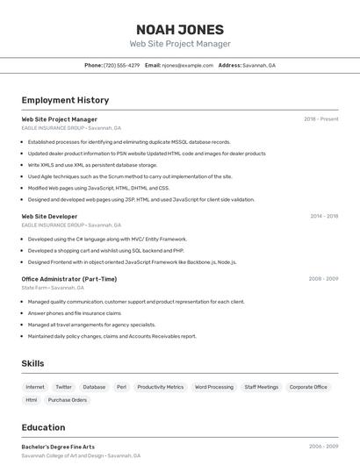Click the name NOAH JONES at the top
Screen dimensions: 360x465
click(x=180, y=29)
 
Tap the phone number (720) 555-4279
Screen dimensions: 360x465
click(x=121, y=65)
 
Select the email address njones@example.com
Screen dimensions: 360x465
click(x=188, y=65)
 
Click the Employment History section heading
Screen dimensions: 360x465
click(x=65, y=100)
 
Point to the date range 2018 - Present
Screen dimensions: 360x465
click(x=320, y=119)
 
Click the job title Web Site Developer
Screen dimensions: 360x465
click(x=49, y=216)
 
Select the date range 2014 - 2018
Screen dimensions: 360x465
click(x=323, y=216)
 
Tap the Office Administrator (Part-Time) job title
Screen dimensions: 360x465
click(x=68, y=279)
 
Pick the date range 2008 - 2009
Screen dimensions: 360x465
click(x=323, y=279)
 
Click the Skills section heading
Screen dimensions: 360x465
click(x=32, y=363)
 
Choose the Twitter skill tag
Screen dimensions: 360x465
click(x=63, y=387)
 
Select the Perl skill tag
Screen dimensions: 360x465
click(x=121, y=387)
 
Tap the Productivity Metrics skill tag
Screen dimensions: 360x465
click(x=161, y=387)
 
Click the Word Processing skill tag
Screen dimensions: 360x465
click(x=214, y=387)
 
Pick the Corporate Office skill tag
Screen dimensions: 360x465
click(x=308, y=387)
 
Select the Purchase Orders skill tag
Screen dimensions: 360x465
click(x=68, y=400)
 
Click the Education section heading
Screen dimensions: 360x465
click(x=43, y=427)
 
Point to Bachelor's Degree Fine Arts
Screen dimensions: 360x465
click(x=58, y=447)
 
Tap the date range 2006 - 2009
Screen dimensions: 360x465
click(x=323, y=447)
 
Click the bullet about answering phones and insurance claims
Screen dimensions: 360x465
click(x=74, y=313)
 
